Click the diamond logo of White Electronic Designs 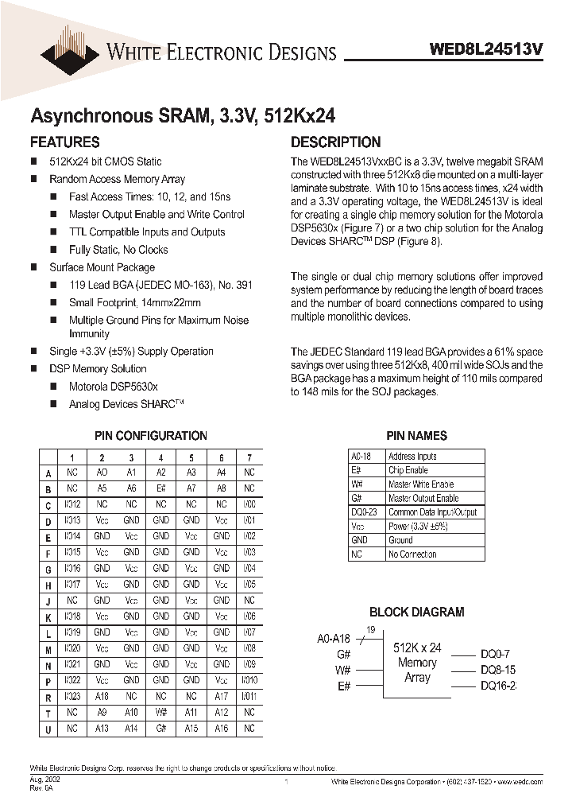(x=72, y=47)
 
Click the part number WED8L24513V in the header (x=486, y=49)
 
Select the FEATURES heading (x=64, y=142)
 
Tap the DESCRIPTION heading (x=335, y=142)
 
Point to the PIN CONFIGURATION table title (x=150, y=436)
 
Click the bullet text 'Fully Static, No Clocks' (x=118, y=250)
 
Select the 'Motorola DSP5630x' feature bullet (x=114, y=387)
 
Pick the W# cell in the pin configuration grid (x=160, y=713)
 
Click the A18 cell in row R (x=102, y=697)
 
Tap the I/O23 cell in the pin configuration (x=72, y=697)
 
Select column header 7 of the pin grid (x=249, y=457)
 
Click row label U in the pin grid (x=48, y=729)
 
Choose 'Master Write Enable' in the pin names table (x=421, y=484)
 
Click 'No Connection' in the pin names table (x=412, y=554)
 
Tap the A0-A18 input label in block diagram (x=333, y=637)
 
